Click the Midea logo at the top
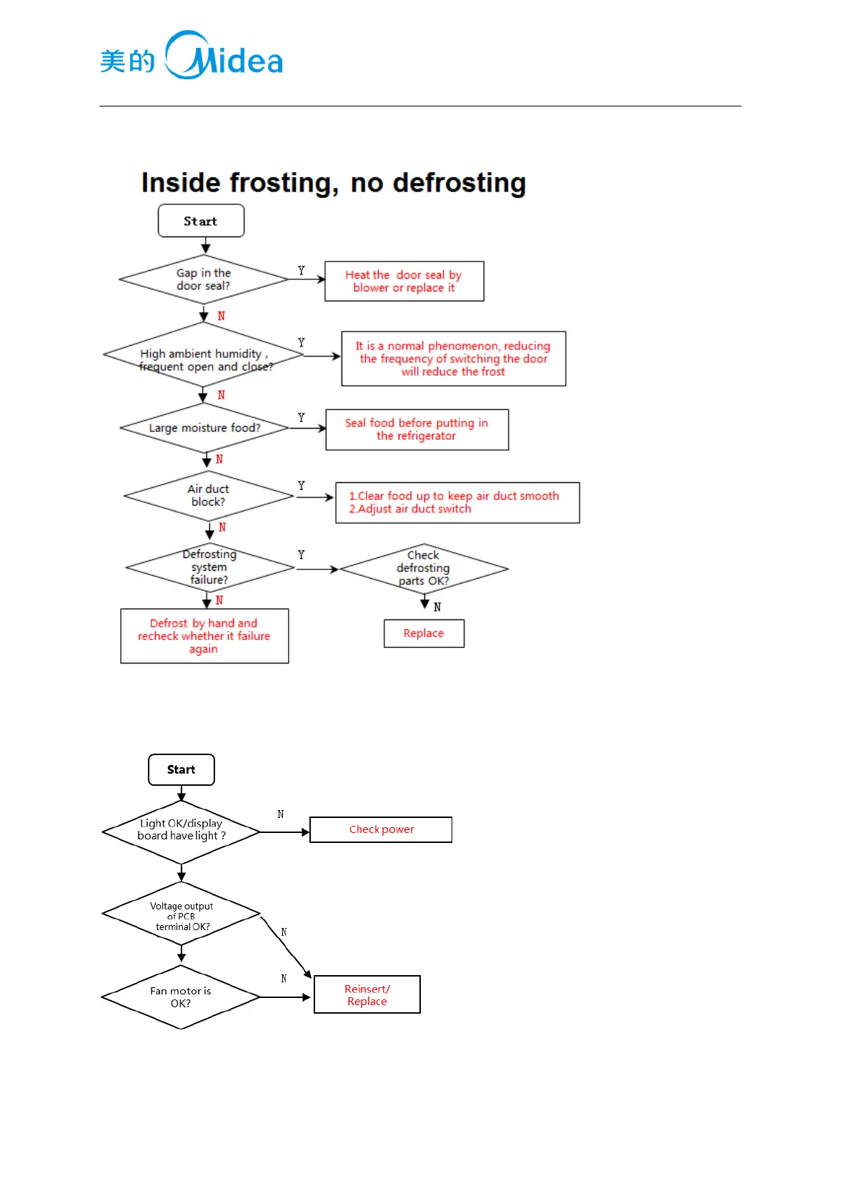[191, 56]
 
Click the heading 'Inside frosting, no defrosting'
[334, 183]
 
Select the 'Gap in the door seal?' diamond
[204, 279]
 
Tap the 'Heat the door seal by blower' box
[404, 281]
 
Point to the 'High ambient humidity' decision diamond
[204, 356]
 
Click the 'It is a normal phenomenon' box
[453, 359]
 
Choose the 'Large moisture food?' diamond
[204, 428]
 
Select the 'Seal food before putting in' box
[417, 429]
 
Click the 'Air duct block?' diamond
[208, 496]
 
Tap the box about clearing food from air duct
[457, 502]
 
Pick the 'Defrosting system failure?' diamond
[209, 567]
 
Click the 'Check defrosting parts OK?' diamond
[424, 569]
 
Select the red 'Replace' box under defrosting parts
[424, 634]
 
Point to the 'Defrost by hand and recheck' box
[204, 636]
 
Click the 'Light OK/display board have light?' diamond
[181, 831]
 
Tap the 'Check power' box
[381, 829]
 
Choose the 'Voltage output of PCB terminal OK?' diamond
[181, 915]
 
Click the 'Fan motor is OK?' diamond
[181, 997]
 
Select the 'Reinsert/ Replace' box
[367, 994]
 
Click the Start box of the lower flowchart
[181, 769]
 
